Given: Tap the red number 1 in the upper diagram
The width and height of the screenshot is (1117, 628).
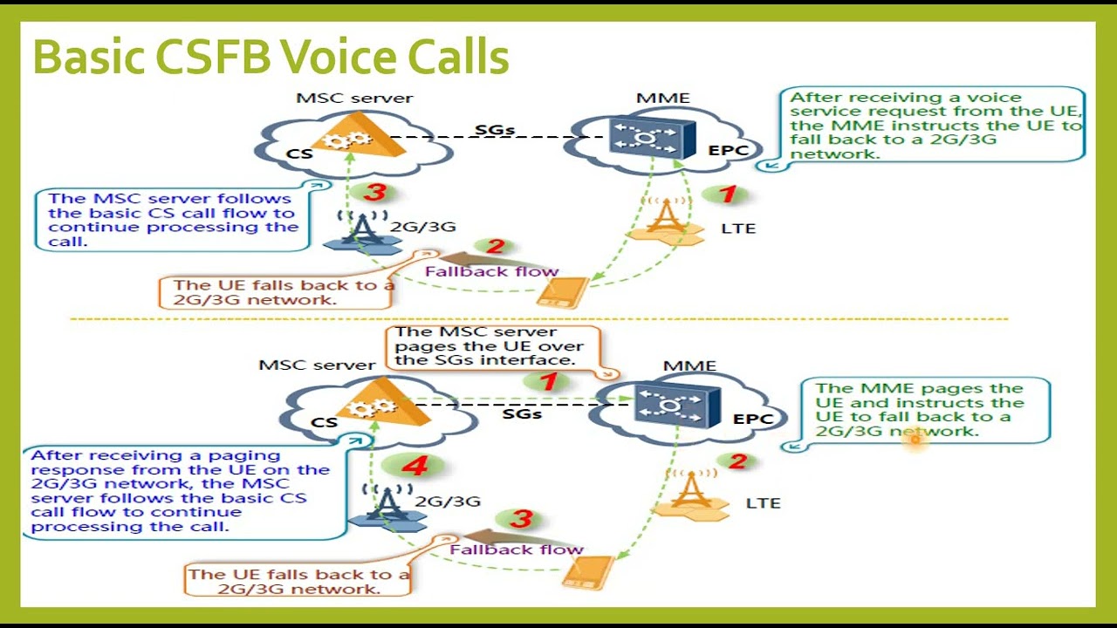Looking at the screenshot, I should (x=727, y=195).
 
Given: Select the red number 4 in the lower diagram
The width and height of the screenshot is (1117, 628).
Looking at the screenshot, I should (x=415, y=466).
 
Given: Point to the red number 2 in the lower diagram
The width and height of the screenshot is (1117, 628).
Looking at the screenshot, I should (x=737, y=461).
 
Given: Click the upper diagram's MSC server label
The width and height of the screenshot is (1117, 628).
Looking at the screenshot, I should (x=354, y=98).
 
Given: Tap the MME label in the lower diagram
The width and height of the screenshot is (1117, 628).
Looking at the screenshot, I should (x=689, y=366).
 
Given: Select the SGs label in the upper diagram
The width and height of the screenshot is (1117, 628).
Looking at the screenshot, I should (x=494, y=131).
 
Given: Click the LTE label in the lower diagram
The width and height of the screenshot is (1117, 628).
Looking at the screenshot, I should (x=763, y=503).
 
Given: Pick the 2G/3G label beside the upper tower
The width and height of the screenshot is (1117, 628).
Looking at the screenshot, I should (x=422, y=227).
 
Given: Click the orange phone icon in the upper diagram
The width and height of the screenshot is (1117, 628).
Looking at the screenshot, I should (x=563, y=292).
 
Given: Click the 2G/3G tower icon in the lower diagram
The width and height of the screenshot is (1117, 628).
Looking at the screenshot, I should (x=387, y=505).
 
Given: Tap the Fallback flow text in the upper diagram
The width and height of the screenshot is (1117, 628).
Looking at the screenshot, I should (x=491, y=271).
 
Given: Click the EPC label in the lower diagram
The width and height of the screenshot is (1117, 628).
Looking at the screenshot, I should (x=753, y=420).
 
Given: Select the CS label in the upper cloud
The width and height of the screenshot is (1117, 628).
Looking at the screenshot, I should (x=299, y=154).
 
